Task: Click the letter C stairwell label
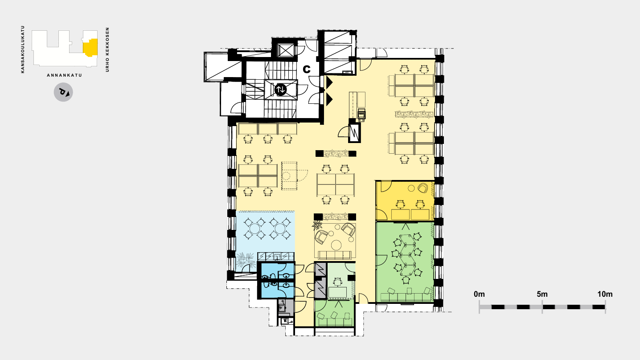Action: click(306, 69)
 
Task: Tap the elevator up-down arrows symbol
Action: click(280, 90)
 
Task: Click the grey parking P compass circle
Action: click(63, 92)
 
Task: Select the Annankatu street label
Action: click(65, 75)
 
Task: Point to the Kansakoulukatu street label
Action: click(23, 49)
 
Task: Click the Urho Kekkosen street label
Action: click(107, 49)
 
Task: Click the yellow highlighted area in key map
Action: click(91, 47)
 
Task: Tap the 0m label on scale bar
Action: click(479, 294)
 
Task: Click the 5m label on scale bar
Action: click(542, 294)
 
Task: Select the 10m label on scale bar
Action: click(605, 294)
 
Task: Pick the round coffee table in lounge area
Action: click(336, 245)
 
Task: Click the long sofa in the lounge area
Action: click(335, 255)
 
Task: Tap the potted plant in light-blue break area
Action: click(246, 260)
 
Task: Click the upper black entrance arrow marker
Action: click(330, 82)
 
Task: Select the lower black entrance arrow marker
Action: click(330, 100)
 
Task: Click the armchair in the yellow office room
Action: click(423, 188)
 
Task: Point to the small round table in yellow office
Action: click(411, 188)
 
